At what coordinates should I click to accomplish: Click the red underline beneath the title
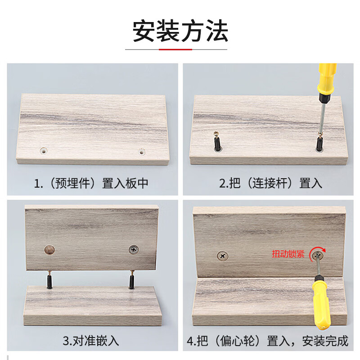[x=175, y=49]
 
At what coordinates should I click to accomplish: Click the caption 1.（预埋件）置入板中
[x=91, y=184]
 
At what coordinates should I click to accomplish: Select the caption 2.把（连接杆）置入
[x=271, y=184]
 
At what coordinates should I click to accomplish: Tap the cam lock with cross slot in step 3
[x=134, y=249]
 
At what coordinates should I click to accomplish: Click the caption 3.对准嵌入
[x=91, y=341]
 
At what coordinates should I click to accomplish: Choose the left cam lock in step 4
[x=223, y=256]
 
